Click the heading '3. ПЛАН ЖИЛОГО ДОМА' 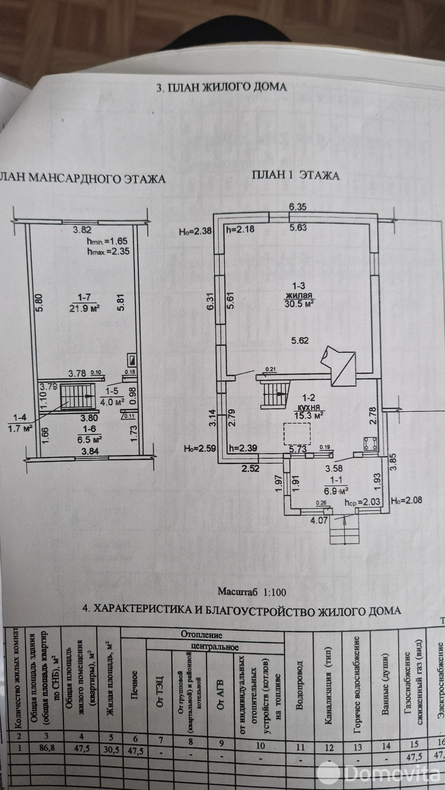[x=221, y=87]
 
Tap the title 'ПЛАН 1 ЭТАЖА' [x=295, y=175]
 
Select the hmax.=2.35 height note [x=108, y=251]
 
